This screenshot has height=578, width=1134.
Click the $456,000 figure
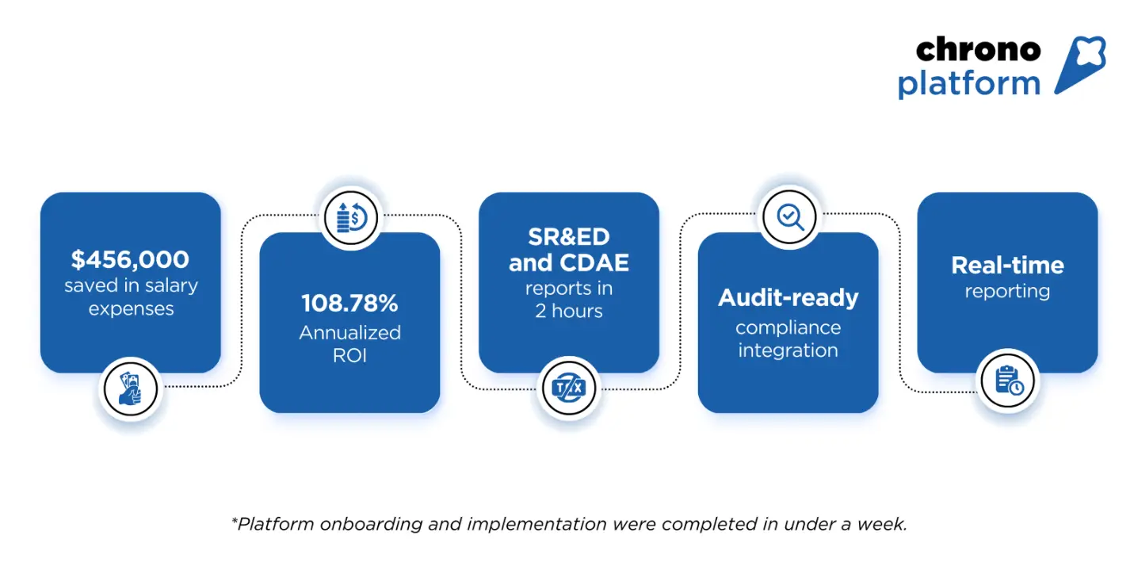tap(130, 259)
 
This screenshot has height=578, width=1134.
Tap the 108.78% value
tap(349, 303)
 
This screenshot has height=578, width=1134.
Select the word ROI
tap(349, 356)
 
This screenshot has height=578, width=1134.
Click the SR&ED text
tap(568, 237)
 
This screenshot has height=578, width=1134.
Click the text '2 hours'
tap(568, 312)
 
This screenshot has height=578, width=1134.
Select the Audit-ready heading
tap(788, 298)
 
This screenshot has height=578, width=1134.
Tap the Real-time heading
tap(1007, 265)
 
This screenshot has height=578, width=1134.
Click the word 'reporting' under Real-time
tap(1007, 292)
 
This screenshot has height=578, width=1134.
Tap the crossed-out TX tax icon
tap(568, 389)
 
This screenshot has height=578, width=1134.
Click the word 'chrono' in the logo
tap(977, 50)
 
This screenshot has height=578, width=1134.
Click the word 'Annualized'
tap(349, 333)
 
